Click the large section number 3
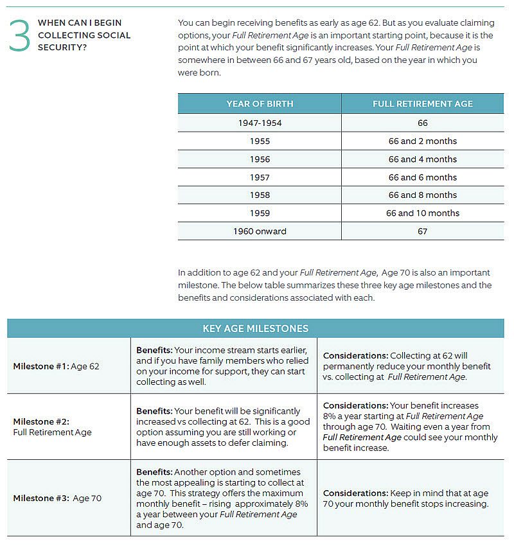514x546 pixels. tap(20, 35)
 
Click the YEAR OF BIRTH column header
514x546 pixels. tap(260, 104)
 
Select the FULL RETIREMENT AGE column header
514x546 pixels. tap(422, 104)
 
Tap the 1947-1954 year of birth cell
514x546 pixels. tap(260, 123)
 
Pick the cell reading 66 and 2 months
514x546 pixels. tap(422, 141)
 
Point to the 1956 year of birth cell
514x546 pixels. tap(260, 159)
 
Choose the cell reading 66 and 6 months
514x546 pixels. tap(422, 177)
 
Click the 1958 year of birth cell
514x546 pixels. tap(260, 195)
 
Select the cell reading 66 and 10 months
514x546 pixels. tap(422, 213)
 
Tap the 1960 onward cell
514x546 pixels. tap(260, 231)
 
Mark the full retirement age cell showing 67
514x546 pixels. tap(422, 231)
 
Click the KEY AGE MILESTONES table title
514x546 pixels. tap(256, 328)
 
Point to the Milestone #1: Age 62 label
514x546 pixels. tap(56, 366)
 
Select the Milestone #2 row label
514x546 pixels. tap(53, 427)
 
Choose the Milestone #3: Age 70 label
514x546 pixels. tap(57, 498)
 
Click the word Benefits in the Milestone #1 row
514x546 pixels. tap(154, 350)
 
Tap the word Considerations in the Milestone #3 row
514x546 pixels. tap(355, 493)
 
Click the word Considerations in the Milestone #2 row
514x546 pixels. tap(355, 406)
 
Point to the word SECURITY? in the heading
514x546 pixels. tap(60, 47)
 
